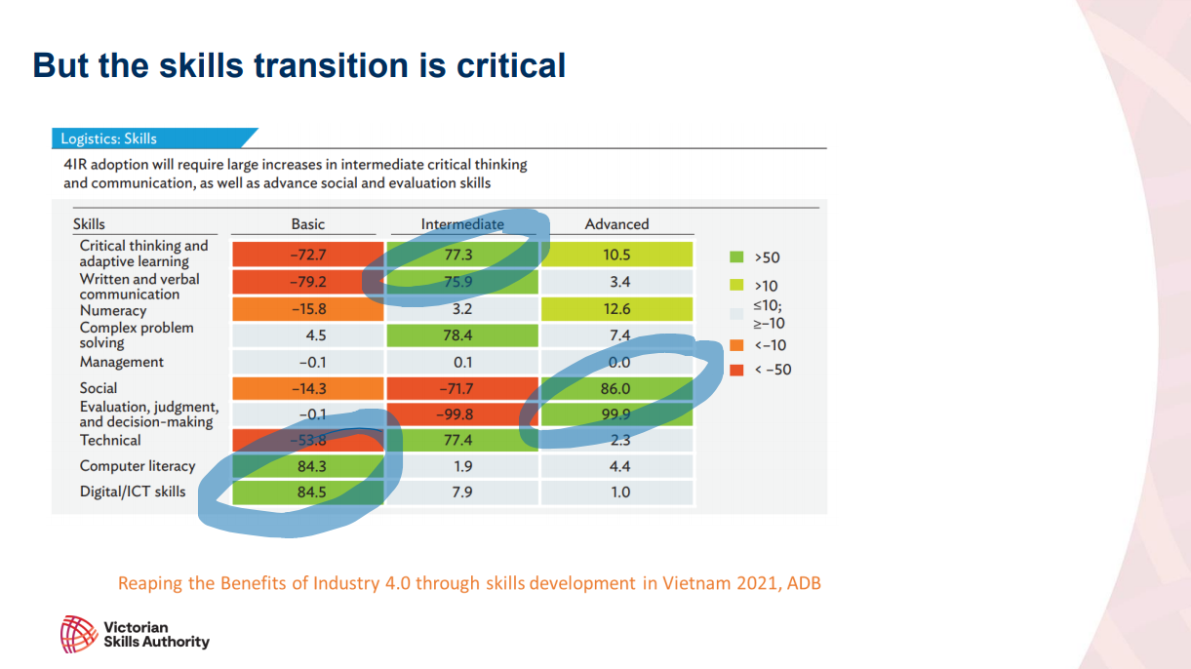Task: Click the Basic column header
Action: click(308, 224)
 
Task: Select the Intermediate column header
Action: click(462, 224)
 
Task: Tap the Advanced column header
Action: click(616, 224)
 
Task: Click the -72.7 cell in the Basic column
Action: click(308, 255)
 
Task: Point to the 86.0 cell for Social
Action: click(617, 388)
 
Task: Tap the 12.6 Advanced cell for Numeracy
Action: click(617, 309)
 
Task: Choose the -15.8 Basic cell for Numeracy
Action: click(308, 309)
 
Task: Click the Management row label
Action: click(122, 362)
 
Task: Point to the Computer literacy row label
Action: click(138, 466)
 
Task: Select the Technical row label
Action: click(110, 440)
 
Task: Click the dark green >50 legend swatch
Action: click(736, 257)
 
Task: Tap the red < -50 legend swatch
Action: click(736, 370)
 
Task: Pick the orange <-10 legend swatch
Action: click(736, 345)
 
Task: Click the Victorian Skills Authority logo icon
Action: click(77, 634)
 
